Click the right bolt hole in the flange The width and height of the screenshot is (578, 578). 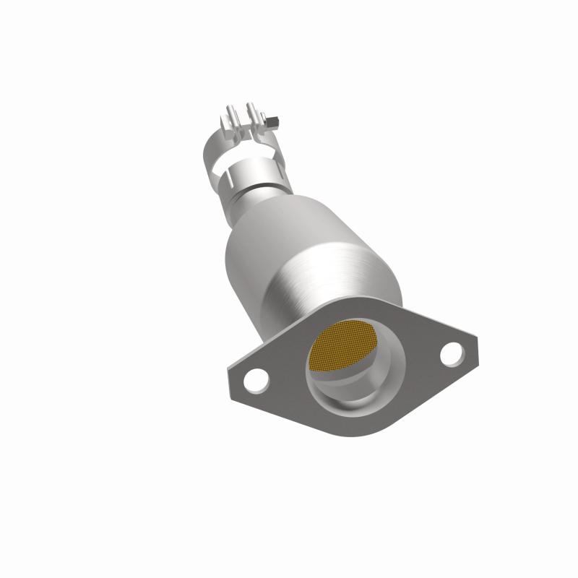pyautogui.click(x=451, y=353)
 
